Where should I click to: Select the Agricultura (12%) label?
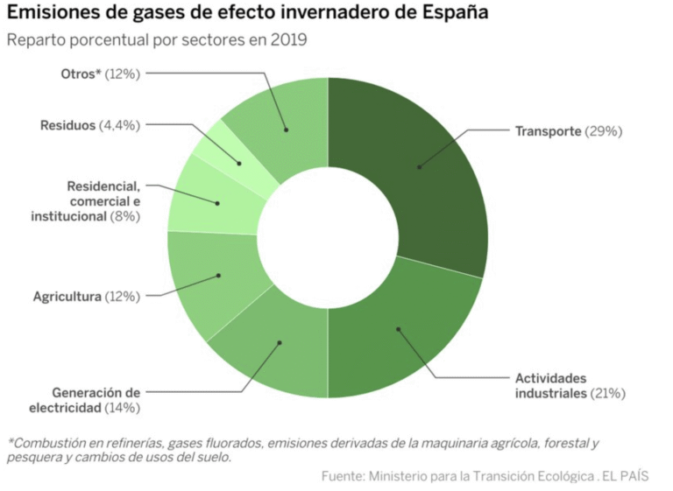click(86, 297)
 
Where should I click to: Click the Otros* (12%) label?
click(100, 74)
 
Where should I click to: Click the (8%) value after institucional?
click(124, 216)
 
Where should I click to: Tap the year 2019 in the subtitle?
click(289, 40)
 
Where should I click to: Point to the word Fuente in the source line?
click(343, 476)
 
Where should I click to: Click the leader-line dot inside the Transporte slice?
click(419, 166)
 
